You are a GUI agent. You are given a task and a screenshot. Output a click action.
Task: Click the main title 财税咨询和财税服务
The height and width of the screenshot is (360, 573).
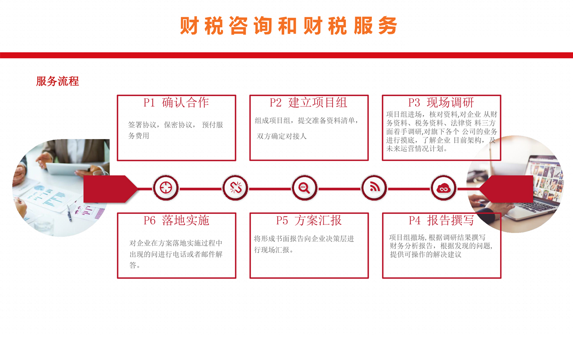pyautogui.click(x=289, y=25)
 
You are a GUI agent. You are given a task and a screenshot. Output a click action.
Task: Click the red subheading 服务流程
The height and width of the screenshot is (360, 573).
pyautogui.click(x=58, y=81)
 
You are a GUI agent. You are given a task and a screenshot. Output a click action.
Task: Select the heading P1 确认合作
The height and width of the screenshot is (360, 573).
pyautogui.click(x=176, y=102)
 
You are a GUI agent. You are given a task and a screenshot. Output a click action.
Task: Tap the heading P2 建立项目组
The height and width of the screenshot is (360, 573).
pyautogui.click(x=308, y=102)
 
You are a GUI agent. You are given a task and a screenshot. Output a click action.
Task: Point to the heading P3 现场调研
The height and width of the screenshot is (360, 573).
pyautogui.click(x=441, y=102)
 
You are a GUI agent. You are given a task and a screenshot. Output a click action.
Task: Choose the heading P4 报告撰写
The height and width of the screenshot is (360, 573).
pyautogui.click(x=441, y=220)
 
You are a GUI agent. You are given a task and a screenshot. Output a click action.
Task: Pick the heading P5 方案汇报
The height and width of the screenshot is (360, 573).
pyautogui.click(x=309, y=220)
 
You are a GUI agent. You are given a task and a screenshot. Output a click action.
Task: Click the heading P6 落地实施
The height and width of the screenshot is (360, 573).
pyautogui.click(x=176, y=220)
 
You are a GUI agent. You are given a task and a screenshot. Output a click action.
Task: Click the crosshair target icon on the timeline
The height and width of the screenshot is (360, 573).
pyautogui.click(x=166, y=188)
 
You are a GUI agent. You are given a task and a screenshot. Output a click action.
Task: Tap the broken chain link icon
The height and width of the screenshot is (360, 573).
pyautogui.click(x=235, y=188)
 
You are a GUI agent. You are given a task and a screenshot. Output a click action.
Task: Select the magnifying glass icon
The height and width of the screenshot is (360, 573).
pyautogui.click(x=304, y=188)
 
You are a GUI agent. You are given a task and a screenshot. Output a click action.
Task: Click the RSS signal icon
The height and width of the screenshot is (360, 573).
pyautogui.click(x=374, y=188)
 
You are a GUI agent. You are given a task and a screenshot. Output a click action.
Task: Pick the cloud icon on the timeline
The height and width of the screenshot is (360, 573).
pyautogui.click(x=443, y=188)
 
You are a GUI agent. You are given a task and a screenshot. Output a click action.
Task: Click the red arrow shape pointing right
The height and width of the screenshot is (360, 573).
pyautogui.click(x=110, y=189)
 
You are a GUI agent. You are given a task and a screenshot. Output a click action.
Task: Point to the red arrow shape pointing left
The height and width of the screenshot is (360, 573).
pyautogui.click(x=506, y=189)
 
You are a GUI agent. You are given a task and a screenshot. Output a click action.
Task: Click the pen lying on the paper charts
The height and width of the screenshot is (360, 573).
pyautogui.click(x=69, y=213)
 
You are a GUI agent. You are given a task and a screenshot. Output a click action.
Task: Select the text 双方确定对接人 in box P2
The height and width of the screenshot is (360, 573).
pyautogui.click(x=282, y=136)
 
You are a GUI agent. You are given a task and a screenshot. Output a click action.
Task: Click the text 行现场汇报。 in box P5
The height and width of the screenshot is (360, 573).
pyautogui.click(x=274, y=250)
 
